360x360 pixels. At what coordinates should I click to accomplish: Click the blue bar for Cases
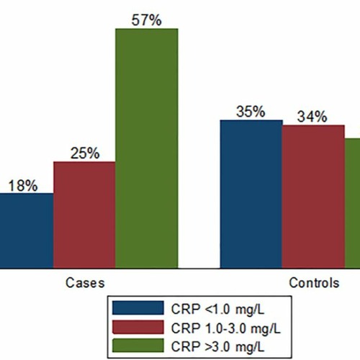coord(27,230)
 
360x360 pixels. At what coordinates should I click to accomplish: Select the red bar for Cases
coord(84,215)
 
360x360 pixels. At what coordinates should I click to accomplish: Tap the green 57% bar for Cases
coord(147,148)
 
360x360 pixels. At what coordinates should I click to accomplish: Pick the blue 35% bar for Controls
coord(251,194)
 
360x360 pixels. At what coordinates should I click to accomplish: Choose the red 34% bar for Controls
coord(313,197)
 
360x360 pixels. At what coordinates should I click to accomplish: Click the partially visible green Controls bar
coord(352,203)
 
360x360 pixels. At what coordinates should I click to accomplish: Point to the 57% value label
coord(146,20)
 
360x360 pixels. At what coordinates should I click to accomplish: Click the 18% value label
coord(23,186)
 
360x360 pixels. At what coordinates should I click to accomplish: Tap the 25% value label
coord(85,153)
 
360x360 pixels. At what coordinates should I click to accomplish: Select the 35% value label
coord(251,112)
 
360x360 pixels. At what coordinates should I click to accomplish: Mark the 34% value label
coord(312,117)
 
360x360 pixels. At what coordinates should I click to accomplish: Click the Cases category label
coord(85,283)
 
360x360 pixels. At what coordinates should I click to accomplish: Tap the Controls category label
coord(314,283)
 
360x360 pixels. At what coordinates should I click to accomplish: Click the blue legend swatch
coord(138,307)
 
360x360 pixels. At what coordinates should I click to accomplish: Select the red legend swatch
coord(138,327)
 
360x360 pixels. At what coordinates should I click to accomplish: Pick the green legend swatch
coord(138,346)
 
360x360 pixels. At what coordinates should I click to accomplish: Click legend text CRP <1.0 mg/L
coord(217,309)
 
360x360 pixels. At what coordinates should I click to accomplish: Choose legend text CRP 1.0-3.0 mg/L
coord(226,328)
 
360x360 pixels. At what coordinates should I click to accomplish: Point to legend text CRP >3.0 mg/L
coord(217,347)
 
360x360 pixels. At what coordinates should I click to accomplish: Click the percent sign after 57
coord(155,20)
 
